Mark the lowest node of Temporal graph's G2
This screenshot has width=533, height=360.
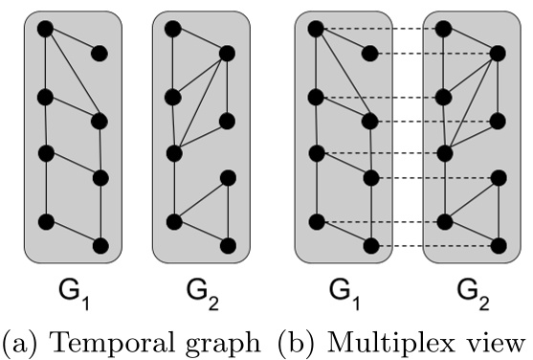(x=228, y=246)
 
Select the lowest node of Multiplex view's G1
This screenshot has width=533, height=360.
(x=369, y=246)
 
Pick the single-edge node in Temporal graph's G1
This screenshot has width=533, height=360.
(x=100, y=53)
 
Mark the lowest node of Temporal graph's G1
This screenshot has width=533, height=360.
(x=100, y=246)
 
